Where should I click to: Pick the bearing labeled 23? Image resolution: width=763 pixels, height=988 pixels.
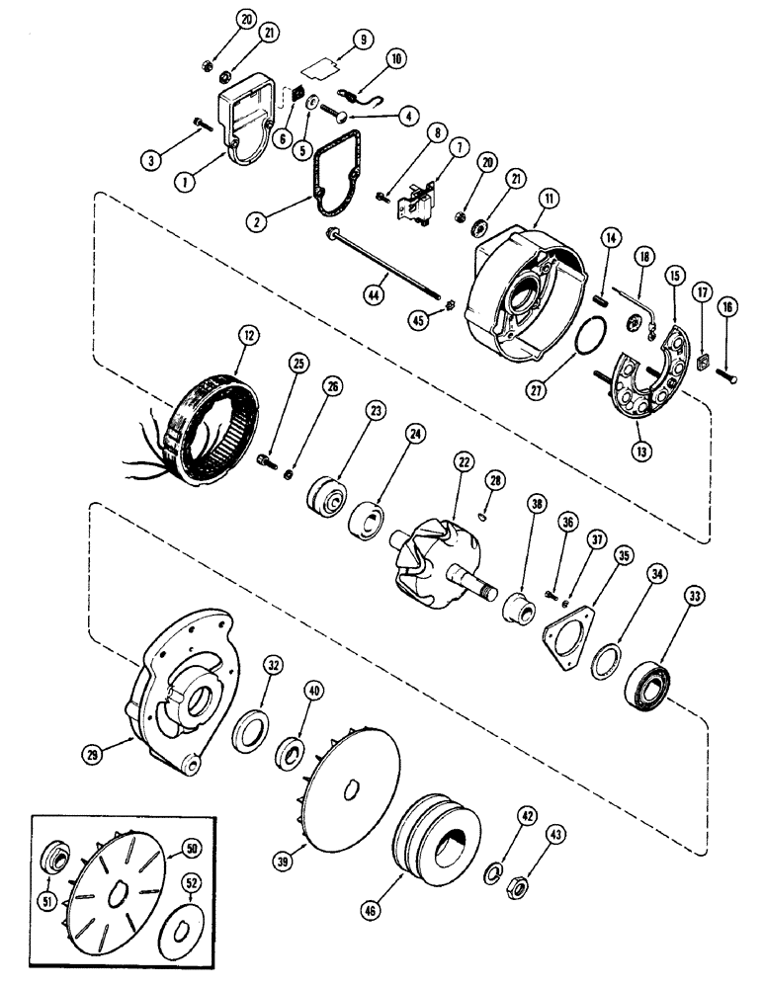327,495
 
